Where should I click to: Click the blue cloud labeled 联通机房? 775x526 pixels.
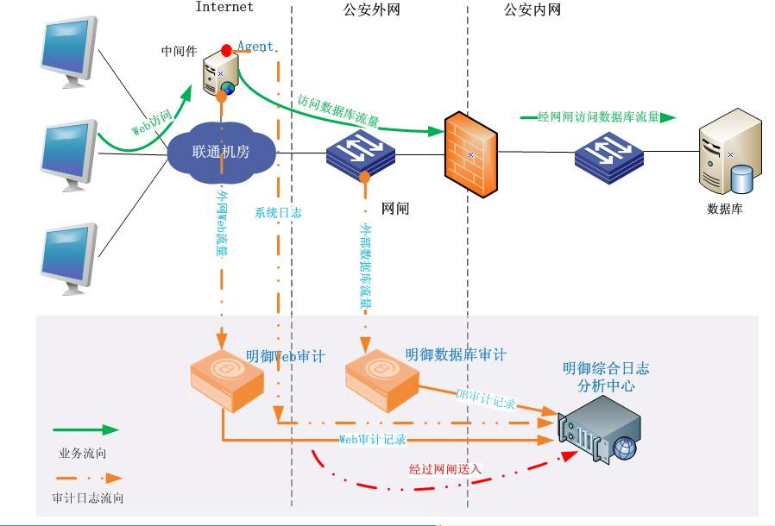(x=221, y=150)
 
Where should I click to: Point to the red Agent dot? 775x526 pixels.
(x=227, y=49)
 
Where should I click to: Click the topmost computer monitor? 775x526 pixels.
(x=70, y=51)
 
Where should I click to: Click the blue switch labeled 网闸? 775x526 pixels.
(x=361, y=154)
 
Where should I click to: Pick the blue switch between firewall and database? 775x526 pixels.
(x=609, y=156)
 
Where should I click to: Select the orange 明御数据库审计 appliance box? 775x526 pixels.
(x=382, y=378)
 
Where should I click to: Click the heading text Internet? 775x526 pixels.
(x=224, y=7)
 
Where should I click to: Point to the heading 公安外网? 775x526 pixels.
(x=371, y=10)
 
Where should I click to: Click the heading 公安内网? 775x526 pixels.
(x=532, y=10)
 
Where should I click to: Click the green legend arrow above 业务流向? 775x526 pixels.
(x=85, y=429)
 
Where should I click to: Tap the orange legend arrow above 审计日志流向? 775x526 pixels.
(x=87, y=477)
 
